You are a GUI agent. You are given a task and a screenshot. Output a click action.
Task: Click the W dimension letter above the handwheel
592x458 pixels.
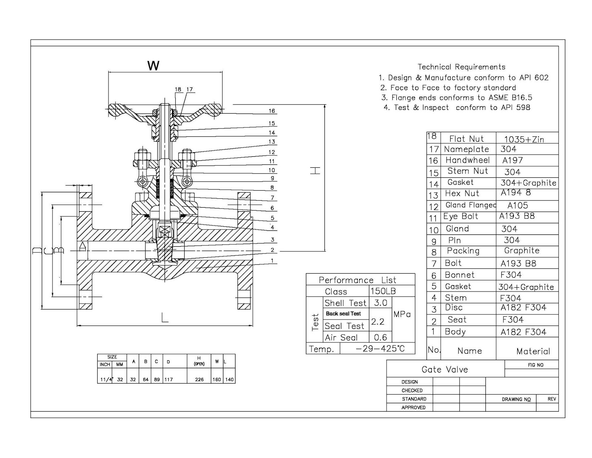[x=153, y=66]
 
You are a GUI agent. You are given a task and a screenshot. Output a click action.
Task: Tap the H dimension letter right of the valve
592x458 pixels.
[x=315, y=171]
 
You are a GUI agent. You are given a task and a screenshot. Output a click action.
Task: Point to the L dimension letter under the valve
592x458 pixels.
[x=165, y=317]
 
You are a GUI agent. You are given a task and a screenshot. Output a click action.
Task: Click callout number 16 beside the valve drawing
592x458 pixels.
[x=272, y=111]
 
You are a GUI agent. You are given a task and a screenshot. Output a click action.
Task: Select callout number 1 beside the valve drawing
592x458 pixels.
[x=272, y=261]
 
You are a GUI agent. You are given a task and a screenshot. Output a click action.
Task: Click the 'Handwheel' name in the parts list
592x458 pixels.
[x=467, y=160]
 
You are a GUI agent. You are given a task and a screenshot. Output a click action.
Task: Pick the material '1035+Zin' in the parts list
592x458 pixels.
[x=524, y=139]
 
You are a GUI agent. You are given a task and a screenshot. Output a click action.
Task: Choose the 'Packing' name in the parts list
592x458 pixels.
[x=463, y=251]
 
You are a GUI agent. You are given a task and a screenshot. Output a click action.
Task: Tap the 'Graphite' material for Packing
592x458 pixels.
[x=522, y=251]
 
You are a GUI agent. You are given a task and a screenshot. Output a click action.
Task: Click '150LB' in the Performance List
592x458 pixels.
[x=383, y=291]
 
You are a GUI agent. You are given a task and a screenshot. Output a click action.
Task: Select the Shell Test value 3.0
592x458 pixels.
[x=380, y=303]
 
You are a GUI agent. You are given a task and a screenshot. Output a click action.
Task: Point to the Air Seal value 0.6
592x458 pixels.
[x=380, y=337]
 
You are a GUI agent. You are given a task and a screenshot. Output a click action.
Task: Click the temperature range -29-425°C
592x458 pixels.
[x=380, y=349]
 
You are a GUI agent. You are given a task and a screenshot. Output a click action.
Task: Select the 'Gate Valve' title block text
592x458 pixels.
[x=445, y=370]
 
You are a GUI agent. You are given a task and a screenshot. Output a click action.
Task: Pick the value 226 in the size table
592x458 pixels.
[x=199, y=380]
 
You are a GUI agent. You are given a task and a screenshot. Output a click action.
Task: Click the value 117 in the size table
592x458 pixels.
[x=168, y=380]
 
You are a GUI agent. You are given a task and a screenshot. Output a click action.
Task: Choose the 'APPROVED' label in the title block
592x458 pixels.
[x=413, y=408]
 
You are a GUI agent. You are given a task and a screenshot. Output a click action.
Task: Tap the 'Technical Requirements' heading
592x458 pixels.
[x=461, y=67]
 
